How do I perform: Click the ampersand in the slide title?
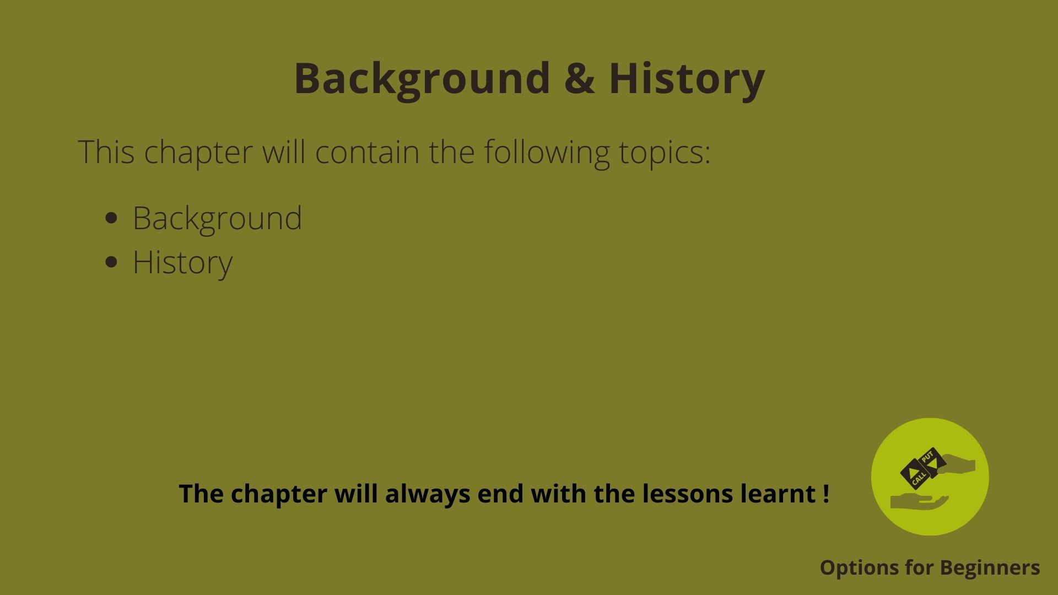[579, 78]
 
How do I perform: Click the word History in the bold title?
[687, 80]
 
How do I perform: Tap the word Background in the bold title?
[422, 80]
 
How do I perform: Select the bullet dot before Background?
[111, 218]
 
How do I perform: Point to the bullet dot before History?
[111, 262]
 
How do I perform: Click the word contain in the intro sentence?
[367, 152]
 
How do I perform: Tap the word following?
[547, 153]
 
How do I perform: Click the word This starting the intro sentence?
[106, 152]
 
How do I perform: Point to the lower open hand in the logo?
[919, 502]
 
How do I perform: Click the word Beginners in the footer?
[990, 568]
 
